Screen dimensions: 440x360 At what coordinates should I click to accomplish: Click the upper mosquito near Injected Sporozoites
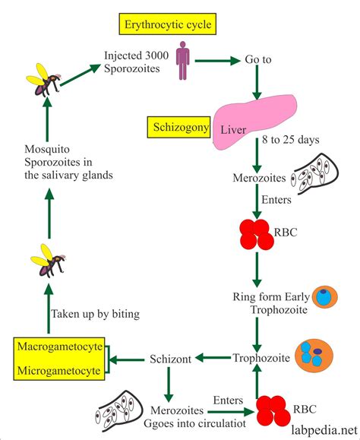click(x=45, y=79)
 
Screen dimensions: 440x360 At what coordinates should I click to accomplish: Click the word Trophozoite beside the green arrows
click(x=261, y=358)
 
